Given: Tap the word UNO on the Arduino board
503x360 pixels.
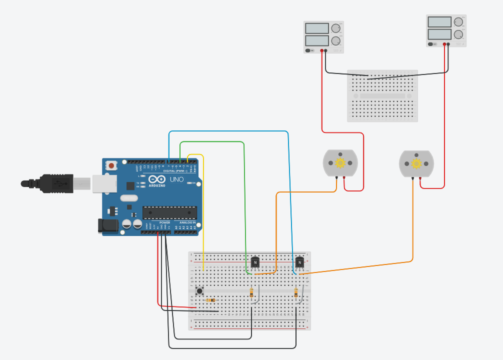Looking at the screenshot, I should (x=177, y=179).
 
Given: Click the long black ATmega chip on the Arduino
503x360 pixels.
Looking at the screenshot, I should (x=169, y=212).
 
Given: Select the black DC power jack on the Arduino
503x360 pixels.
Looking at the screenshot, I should (x=108, y=226).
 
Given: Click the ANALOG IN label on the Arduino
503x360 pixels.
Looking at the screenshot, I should (x=188, y=222).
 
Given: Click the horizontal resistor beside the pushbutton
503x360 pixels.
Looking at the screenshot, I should (x=210, y=300).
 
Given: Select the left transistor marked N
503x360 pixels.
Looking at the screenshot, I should (x=255, y=261).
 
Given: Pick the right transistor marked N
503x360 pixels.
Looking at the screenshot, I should (x=299, y=261).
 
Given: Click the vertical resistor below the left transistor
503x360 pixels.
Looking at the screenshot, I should (x=251, y=293).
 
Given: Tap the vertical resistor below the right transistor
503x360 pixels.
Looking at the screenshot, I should (x=296, y=293).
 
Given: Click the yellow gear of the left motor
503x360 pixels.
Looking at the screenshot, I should (x=340, y=162).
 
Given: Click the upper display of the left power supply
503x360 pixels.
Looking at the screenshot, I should (x=316, y=28).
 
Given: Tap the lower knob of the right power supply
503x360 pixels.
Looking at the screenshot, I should (x=458, y=34).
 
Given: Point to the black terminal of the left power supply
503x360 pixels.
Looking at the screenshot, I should (x=325, y=50).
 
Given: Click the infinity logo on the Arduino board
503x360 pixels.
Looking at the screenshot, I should (x=156, y=179).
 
